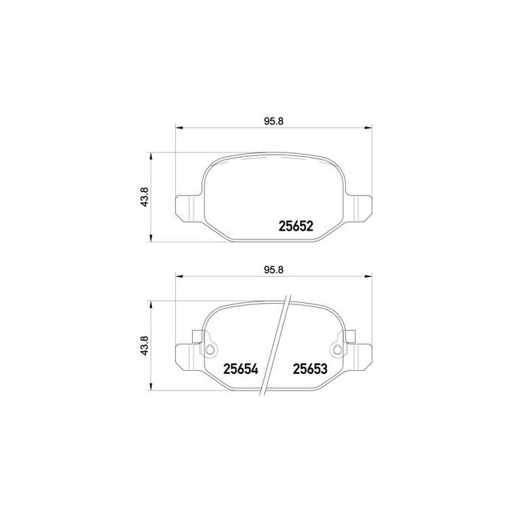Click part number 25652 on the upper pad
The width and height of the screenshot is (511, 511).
pyautogui.click(x=296, y=226)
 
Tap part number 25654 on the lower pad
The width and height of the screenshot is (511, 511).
pyautogui.click(x=240, y=369)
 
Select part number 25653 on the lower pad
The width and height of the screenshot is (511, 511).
pyautogui.click(x=310, y=369)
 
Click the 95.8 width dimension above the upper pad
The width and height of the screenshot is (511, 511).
pyautogui.click(x=274, y=121)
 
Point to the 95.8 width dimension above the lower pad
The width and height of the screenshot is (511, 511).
pyautogui.click(x=274, y=269)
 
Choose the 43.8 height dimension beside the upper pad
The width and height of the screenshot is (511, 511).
pyautogui.click(x=145, y=196)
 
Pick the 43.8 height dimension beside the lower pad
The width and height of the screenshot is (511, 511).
pyautogui.click(x=145, y=345)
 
